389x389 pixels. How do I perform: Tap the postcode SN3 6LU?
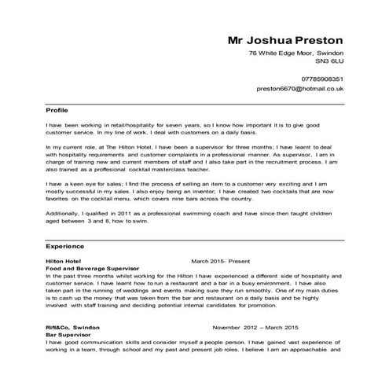(329, 60)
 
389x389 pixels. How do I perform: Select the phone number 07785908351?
(317, 79)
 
